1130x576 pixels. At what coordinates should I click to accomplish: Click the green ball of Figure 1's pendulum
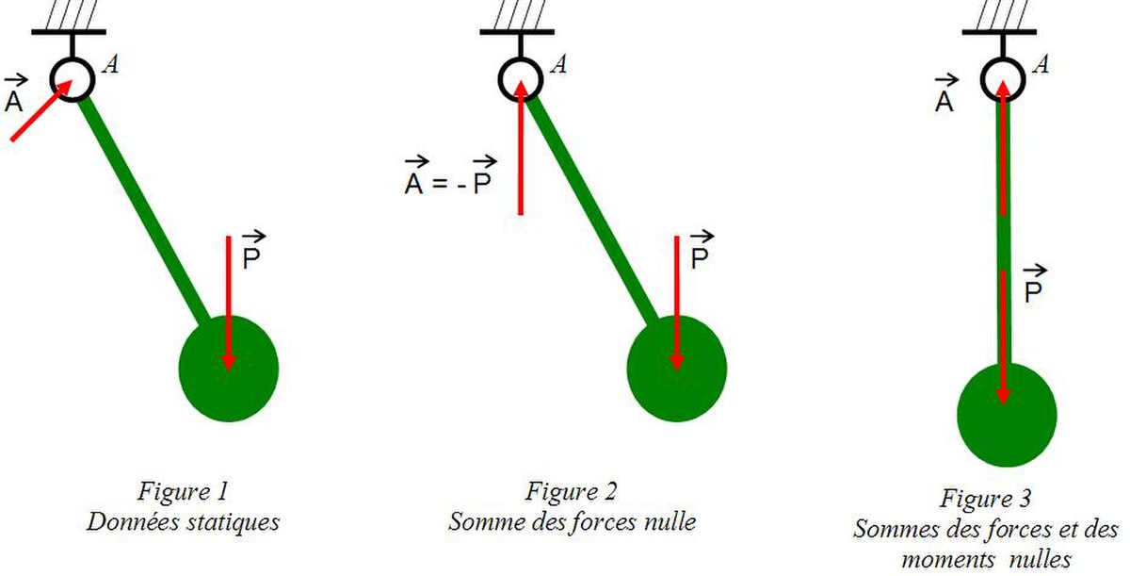point(229,369)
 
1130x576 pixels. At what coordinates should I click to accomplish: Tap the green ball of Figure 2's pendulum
point(677,369)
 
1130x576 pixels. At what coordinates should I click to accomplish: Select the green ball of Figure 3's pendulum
point(1007,415)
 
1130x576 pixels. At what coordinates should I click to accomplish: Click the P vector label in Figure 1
point(252,250)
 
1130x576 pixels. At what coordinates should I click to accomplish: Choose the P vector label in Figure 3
point(1034,284)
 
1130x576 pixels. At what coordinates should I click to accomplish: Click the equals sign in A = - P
point(440,184)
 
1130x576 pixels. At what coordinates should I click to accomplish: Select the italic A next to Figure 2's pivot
point(558,65)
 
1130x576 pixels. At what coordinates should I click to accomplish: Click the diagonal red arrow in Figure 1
point(41,110)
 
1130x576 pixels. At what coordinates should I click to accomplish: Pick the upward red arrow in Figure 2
point(521,148)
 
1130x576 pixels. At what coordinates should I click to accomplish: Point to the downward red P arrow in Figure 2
point(677,303)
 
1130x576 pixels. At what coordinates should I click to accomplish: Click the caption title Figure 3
point(985,499)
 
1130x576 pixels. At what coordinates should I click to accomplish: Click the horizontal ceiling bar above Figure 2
point(517,32)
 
